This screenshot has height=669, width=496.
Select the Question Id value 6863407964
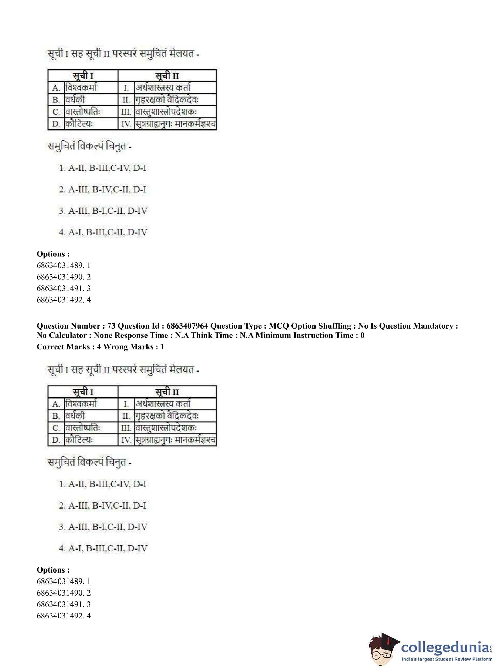click(x=187, y=326)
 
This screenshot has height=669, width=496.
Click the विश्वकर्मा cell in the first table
click(x=81, y=88)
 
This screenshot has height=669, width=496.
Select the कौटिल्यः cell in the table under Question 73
click(x=80, y=440)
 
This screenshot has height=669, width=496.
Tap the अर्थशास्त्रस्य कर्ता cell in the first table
click(x=163, y=88)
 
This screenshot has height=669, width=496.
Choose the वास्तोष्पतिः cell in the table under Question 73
click(x=83, y=428)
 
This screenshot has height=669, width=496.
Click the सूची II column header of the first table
click(x=167, y=76)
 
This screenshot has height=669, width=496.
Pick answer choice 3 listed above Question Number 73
click(x=103, y=211)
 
